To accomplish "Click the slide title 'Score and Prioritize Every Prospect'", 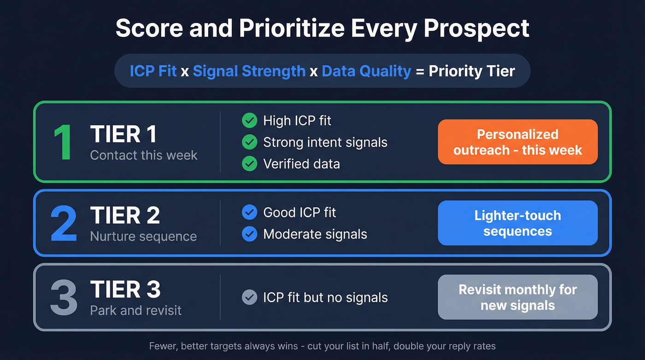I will pyautogui.click(x=322, y=29).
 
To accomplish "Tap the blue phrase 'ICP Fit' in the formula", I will pyautogui.click(x=153, y=71).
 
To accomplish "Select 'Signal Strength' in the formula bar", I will pyautogui.click(x=249, y=71).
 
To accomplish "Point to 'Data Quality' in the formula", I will pyautogui.click(x=366, y=71).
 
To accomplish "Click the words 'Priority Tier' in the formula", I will pyautogui.click(x=472, y=71).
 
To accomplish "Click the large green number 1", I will pyautogui.click(x=63, y=142).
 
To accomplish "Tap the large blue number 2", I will pyautogui.click(x=64, y=224).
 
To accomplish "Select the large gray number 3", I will pyautogui.click(x=64, y=297).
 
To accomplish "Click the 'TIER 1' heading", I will pyautogui.click(x=123, y=134).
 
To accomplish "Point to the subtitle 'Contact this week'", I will pyautogui.click(x=144, y=155).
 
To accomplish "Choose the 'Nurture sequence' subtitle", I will pyautogui.click(x=143, y=236).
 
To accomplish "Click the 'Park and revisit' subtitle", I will pyautogui.click(x=136, y=310).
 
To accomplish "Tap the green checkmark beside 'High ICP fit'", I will pyautogui.click(x=249, y=121).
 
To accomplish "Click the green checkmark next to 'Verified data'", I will pyautogui.click(x=249, y=164).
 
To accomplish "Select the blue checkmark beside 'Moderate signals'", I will pyautogui.click(x=249, y=234).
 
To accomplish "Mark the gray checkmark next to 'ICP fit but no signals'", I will pyautogui.click(x=249, y=298).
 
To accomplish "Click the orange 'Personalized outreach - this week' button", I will pyautogui.click(x=517, y=142).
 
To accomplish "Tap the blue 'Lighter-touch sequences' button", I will pyautogui.click(x=517, y=223).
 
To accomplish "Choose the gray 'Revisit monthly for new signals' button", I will pyautogui.click(x=517, y=297).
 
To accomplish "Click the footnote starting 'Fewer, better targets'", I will pyautogui.click(x=322, y=346).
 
